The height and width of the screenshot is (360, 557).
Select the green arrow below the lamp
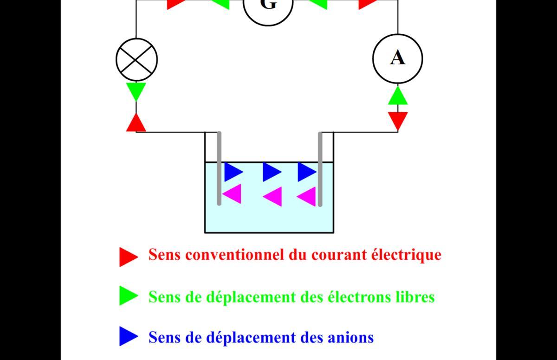tap(136, 92)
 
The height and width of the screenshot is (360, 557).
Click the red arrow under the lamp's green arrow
tap(136, 122)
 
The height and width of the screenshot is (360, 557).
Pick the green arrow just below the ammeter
tap(398, 96)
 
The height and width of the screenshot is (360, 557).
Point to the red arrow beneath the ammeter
tap(398, 121)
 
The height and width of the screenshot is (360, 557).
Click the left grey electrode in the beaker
tap(219, 168)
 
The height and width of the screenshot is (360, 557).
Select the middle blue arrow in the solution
tap(272, 172)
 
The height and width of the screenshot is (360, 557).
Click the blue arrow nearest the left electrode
tap(234, 172)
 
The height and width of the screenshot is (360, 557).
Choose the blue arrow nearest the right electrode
tap(307, 172)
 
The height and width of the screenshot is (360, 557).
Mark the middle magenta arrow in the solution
tap(272, 197)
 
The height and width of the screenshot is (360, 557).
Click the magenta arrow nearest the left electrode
tap(232, 194)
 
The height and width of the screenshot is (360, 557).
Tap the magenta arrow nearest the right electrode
tap(306, 197)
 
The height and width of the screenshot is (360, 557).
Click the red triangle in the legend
tap(129, 257)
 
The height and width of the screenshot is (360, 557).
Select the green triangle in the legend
tap(129, 296)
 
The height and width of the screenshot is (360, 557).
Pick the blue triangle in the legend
tap(129, 336)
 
